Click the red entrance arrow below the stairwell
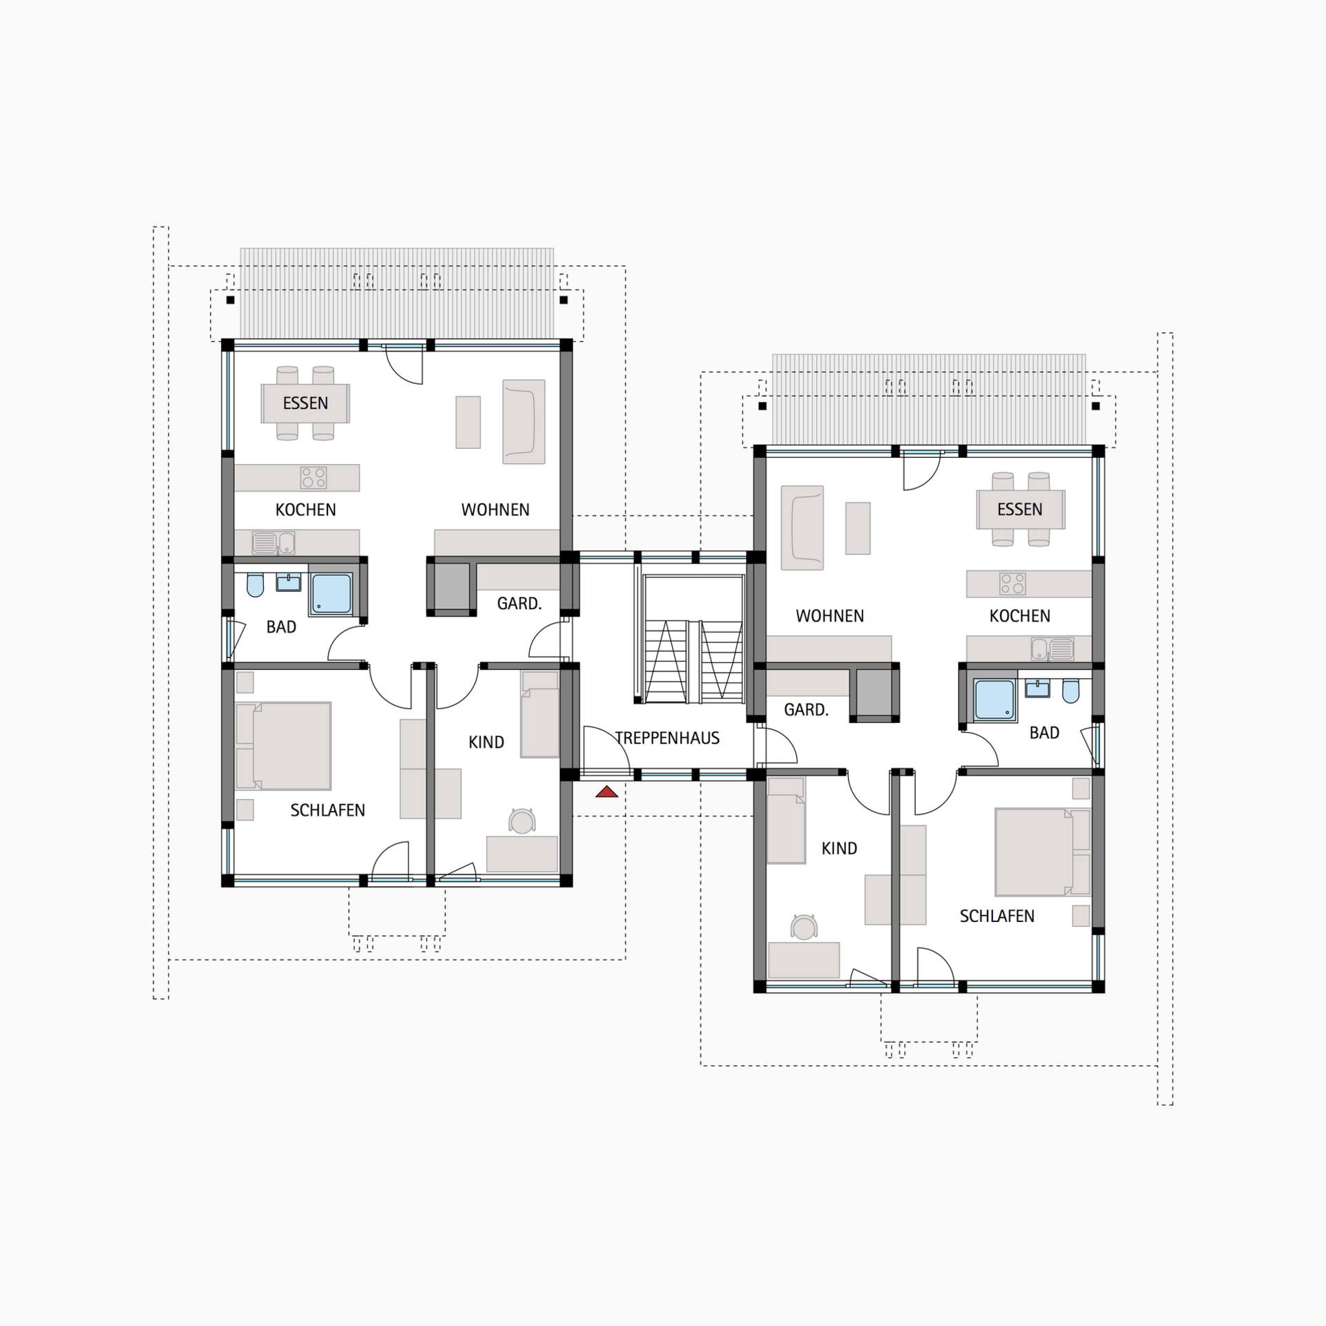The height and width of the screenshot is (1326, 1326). point(607,791)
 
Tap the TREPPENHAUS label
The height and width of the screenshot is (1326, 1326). point(667,738)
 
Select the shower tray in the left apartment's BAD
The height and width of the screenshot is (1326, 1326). point(331,594)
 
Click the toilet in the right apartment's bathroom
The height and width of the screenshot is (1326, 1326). point(1070,691)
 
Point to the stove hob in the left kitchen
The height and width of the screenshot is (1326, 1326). point(314,477)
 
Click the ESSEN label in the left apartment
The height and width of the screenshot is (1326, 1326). point(305,403)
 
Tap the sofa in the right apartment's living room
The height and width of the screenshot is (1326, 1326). point(802,528)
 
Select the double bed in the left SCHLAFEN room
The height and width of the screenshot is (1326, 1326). point(283,746)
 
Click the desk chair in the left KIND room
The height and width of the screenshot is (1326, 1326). point(522,820)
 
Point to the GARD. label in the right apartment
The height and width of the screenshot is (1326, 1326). point(806,710)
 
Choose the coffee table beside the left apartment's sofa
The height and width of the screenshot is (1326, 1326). point(468,422)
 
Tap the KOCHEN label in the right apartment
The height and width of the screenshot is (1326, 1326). point(1019,616)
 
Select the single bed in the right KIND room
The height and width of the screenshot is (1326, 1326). point(786,820)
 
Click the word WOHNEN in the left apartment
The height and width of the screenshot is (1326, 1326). point(495,510)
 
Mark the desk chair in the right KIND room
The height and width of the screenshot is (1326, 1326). point(804,927)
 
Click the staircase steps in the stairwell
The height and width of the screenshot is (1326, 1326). point(693,662)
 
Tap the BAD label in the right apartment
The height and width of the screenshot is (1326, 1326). point(1044,733)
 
